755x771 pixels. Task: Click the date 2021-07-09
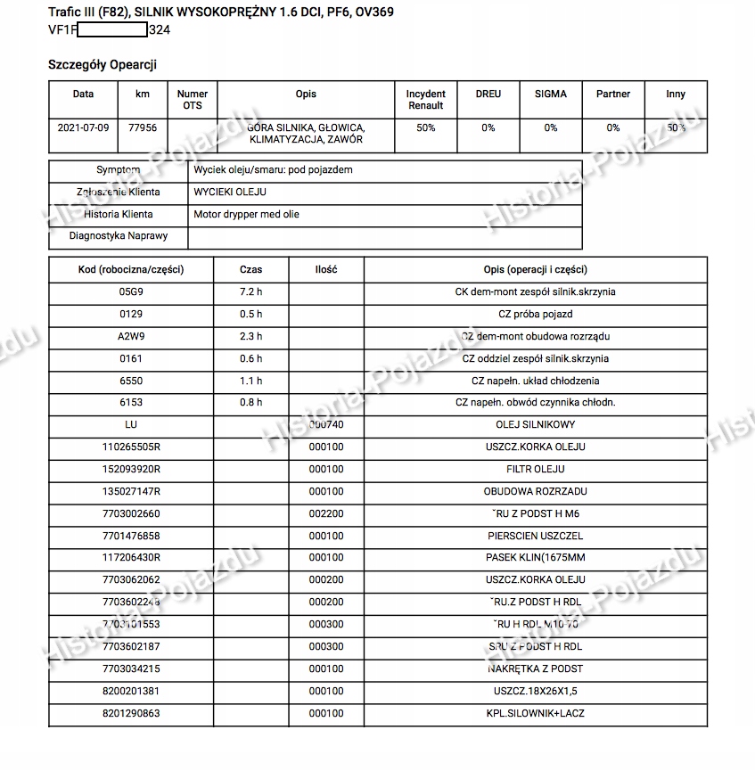[83, 127]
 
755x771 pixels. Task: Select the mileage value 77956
[143, 127]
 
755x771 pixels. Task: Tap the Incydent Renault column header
[425, 99]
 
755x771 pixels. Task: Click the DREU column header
[488, 94]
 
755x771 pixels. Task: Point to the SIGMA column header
[550, 94]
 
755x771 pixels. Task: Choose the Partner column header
[612, 94]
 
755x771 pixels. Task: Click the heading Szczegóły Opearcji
[103, 64]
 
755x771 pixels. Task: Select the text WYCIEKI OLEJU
[230, 192]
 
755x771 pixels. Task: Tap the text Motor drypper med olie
[247, 214]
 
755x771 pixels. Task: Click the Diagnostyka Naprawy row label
[118, 236]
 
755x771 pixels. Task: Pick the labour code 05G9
[130, 291]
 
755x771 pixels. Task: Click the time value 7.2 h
[251, 291]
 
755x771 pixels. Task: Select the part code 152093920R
[130, 469]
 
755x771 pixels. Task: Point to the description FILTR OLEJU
[535, 469]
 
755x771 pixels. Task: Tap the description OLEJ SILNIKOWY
[535, 425]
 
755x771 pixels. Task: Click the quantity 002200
[325, 513]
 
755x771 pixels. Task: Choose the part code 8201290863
[130, 713]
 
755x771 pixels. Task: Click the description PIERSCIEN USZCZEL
[535, 536]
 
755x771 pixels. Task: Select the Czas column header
[251, 269]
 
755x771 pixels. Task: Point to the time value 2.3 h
[251, 336]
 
